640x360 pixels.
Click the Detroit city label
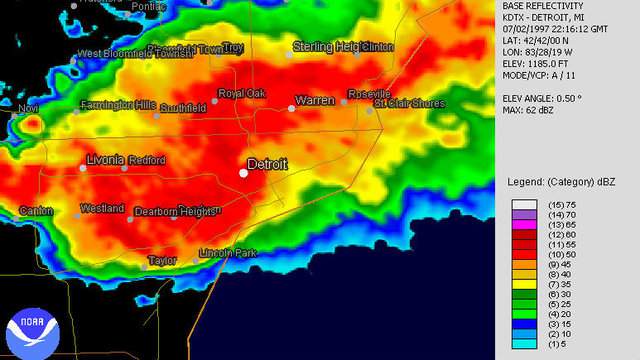tap(267, 164)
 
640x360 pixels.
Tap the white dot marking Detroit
tap(243, 173)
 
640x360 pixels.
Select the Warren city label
tap(314, 100)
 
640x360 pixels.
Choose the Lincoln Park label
tap(228, 253)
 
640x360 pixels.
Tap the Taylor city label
tap(162, 260)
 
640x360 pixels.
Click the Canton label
tap(37, 210)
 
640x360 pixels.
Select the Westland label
tap(102, 208)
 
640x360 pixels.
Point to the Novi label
tap(27, 107)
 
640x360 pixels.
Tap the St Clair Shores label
tap(411, 102)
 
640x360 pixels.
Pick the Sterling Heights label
tap(327, 46)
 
